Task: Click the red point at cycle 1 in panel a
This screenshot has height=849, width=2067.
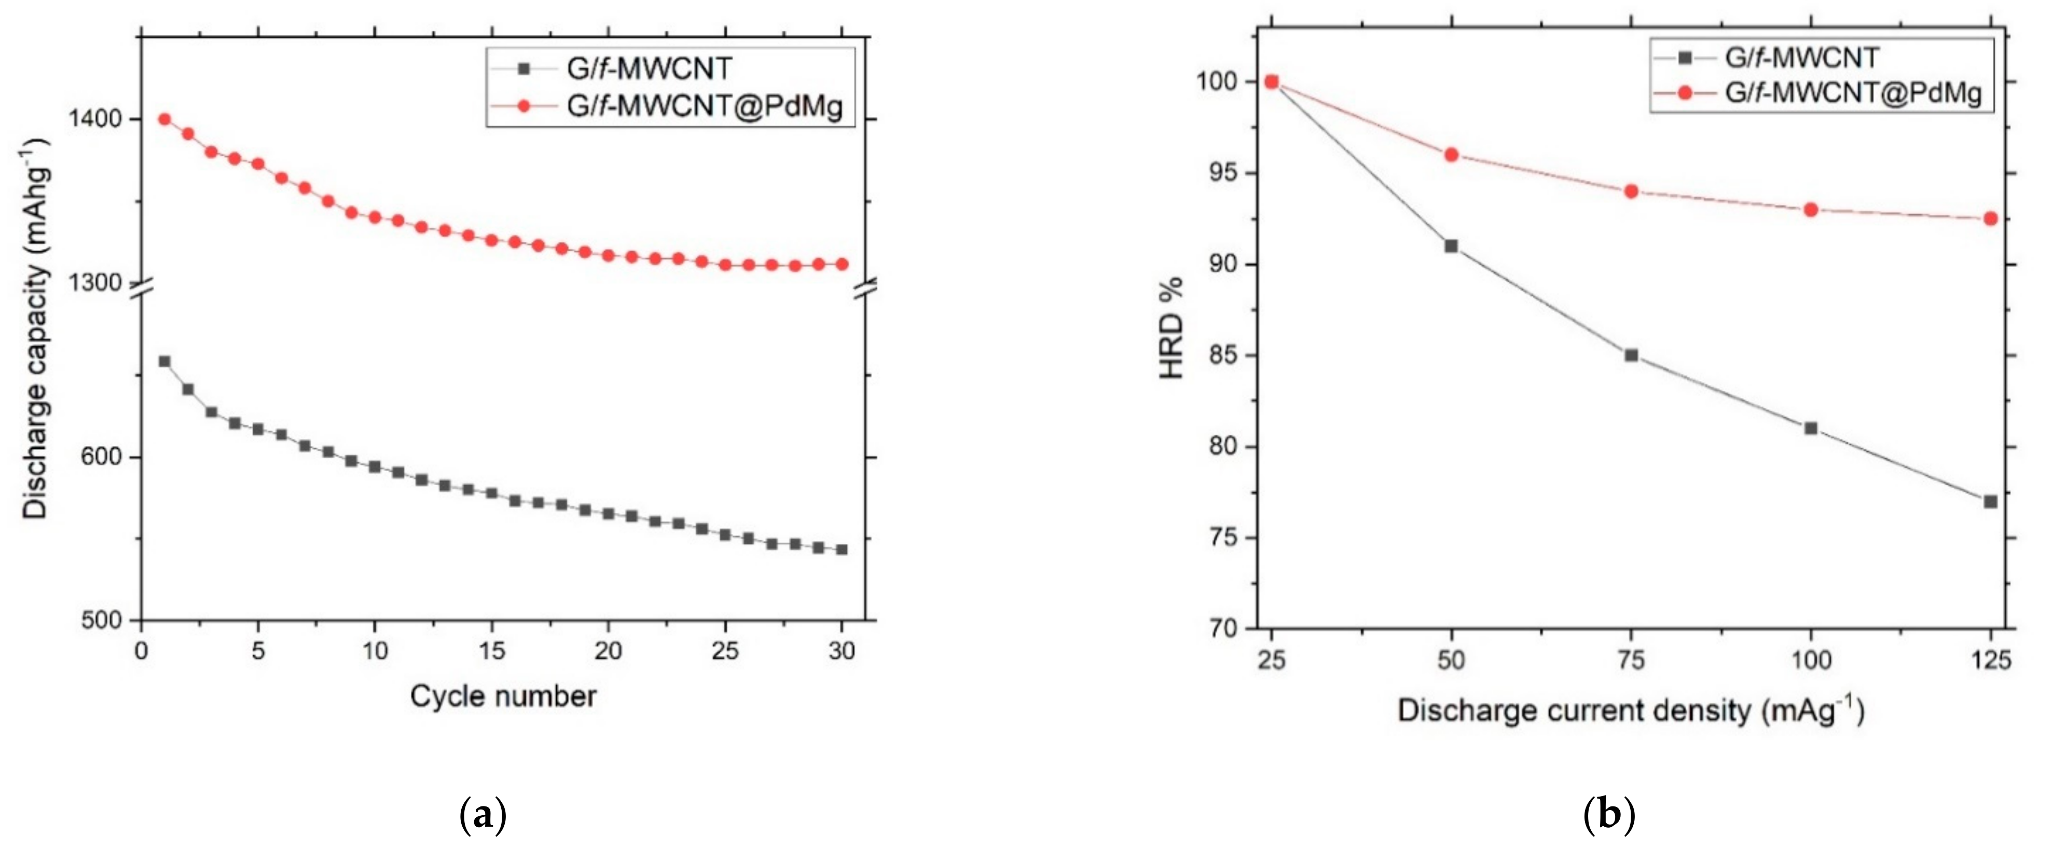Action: point(164,119)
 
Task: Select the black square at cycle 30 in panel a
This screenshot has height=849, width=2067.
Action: point(842,550)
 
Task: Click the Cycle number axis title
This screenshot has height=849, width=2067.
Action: point(503,696)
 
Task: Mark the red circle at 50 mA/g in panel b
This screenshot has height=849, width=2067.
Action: point(1451,155)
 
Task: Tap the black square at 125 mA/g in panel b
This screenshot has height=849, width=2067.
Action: point(1990,501)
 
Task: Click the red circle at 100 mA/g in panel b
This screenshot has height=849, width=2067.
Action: point(1810,210)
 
